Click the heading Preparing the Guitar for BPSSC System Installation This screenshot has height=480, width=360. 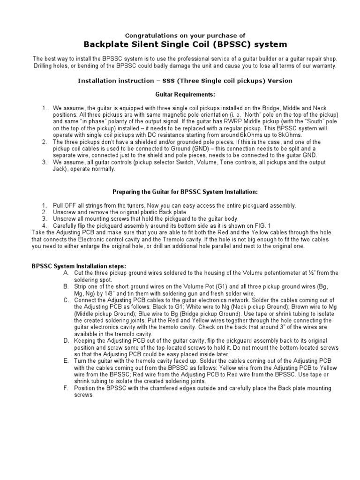click(x=185, y=192)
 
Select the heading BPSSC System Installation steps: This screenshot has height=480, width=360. click(x=78, y=266)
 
